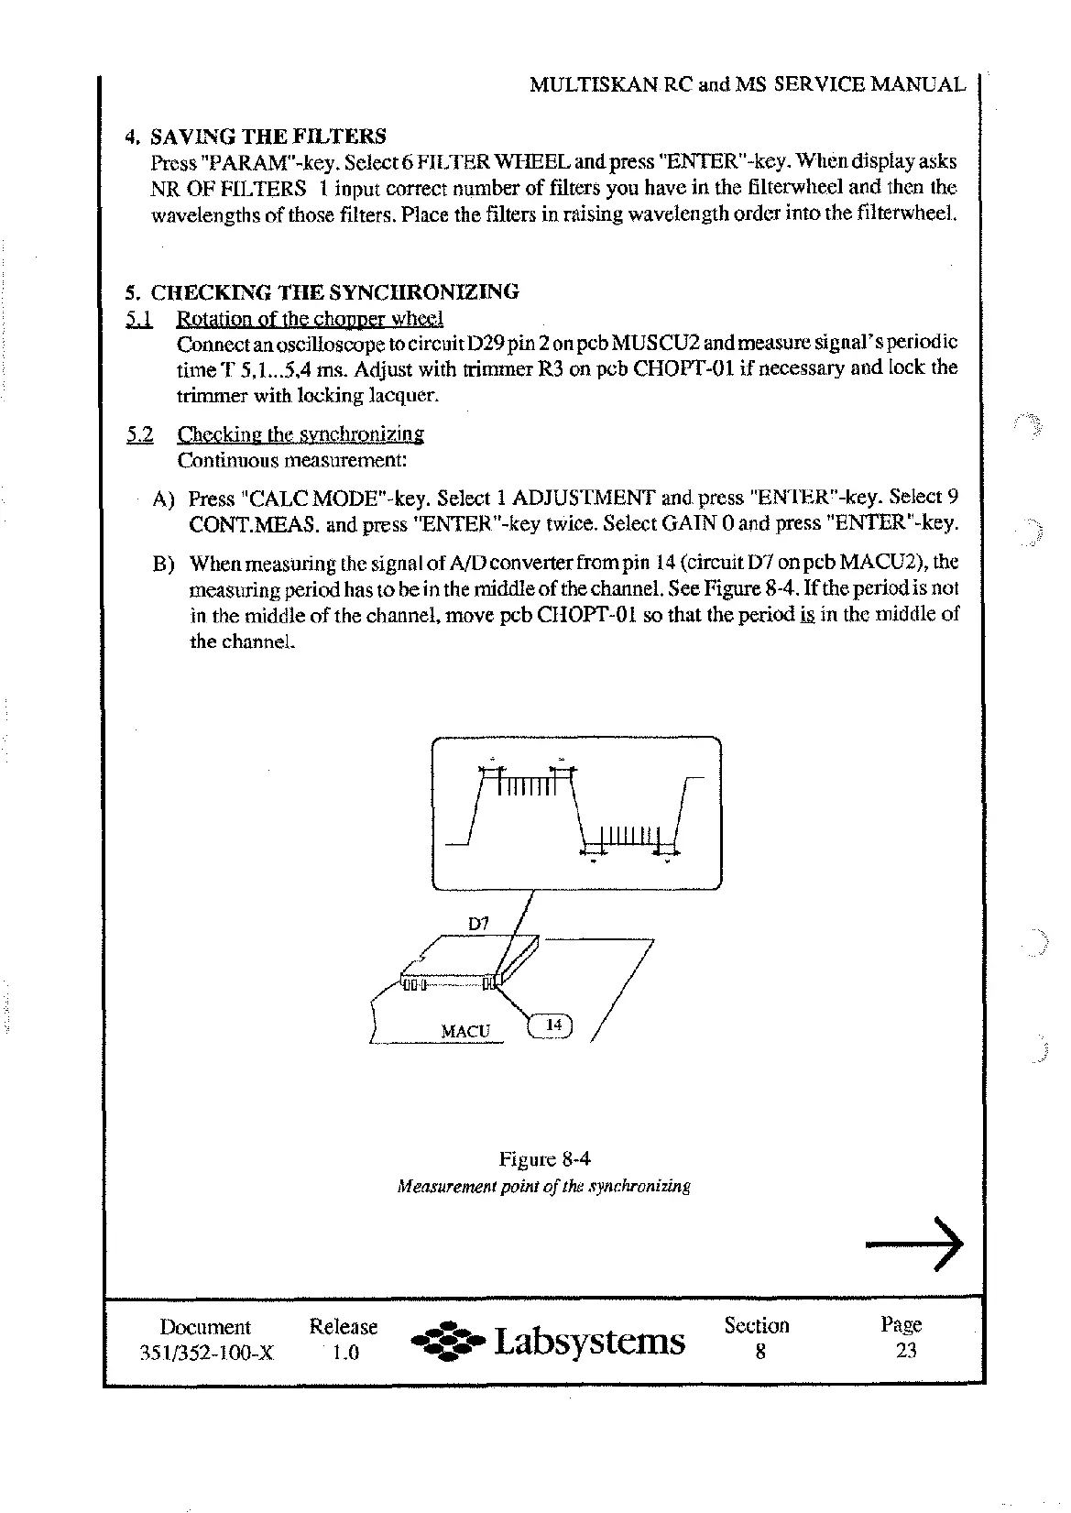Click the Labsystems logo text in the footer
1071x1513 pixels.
click(589, 1342)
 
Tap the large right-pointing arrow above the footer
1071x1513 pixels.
click(914, 1244)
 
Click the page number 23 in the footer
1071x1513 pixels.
click(905, 1350)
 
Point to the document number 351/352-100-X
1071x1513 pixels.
click(205, 1353)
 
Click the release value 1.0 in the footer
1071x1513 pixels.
click(344, 1353)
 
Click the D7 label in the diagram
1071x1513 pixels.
click(478, 924)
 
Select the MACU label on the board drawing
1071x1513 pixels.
click(465, 1031)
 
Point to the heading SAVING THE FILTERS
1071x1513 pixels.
click(268, 137)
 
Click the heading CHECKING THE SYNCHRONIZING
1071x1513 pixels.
click(334, 292)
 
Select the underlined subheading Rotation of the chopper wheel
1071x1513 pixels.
click(310, 319)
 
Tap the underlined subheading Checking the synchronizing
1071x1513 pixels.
click(301, 434)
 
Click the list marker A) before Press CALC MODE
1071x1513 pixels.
click(164, 499)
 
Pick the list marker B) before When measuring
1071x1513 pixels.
click(164, 563)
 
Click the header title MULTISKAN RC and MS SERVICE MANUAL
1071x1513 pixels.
click(748, 85)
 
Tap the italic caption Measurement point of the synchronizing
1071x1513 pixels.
click(543, 1187)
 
